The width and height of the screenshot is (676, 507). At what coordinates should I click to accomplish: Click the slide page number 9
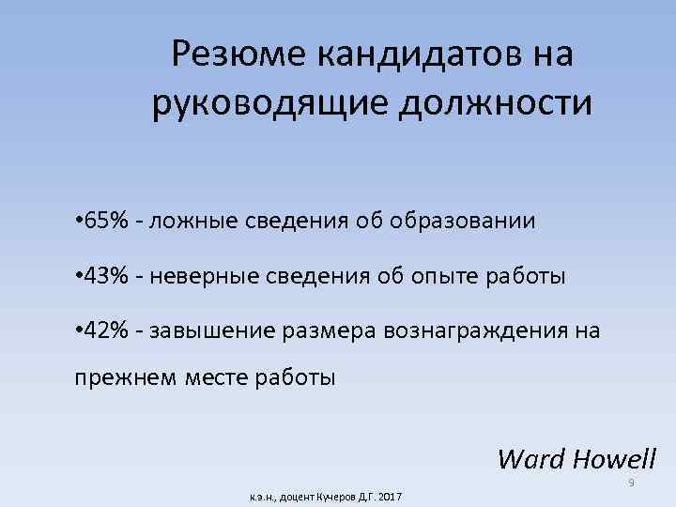tap(632, 483)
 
